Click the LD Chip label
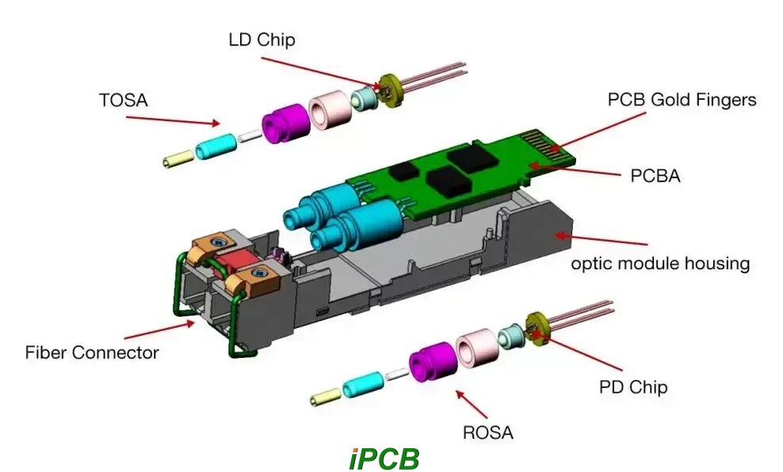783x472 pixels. tap(261, 39)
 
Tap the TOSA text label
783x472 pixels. tap(124, 101)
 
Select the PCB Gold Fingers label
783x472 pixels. tap(682, 100)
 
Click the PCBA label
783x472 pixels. tap(655, 176)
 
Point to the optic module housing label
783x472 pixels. tap(660, 263)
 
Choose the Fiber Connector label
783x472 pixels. tap(92, 352)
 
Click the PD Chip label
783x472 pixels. tap(632, 387)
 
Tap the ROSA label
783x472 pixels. tap(488, 432)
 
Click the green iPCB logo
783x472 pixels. tap(384, 459)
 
